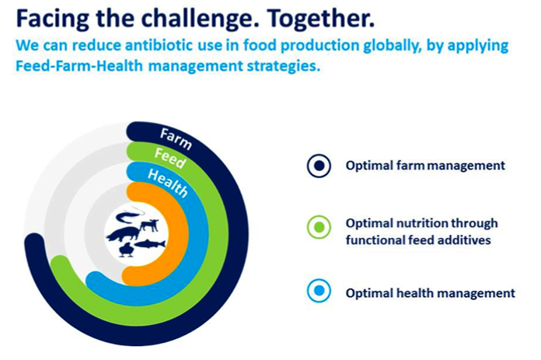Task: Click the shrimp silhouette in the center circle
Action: click(x=128, y=216)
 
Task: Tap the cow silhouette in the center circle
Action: click(x=149, y=225)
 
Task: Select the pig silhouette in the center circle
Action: click(x=123, y=234)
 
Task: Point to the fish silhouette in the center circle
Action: click(x=150, y=243)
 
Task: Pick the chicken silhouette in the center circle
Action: click(x=126, y=250)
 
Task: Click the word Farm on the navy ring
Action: click(x=176, y=139)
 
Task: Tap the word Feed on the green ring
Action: click(x=170, y=158)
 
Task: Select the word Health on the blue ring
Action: click(x=168, y=183)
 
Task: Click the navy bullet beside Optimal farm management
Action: click(x=319, y=166)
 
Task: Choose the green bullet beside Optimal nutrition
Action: click(x=319, y=227)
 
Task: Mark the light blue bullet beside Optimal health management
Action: click(x=319, y=291)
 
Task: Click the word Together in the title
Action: click(x=320, y=18)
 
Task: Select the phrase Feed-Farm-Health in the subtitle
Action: click(x=79, y=65)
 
